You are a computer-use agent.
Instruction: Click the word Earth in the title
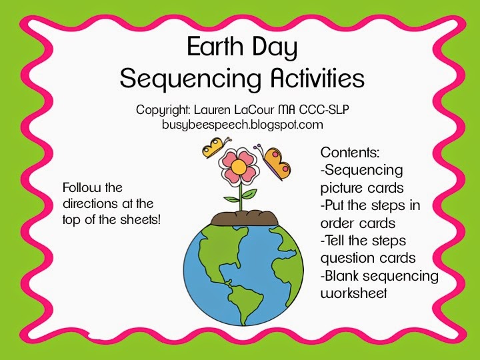pyautogui.click(x=215, y=47)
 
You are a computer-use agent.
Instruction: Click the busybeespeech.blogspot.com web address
pyautogui.click(x=243, y=125)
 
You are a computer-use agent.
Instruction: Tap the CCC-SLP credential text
pyautogui.click(x=324, y=109)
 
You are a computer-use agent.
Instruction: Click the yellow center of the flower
pyautogui.click(x=239, y=167)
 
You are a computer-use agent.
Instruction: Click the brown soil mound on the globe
pyautogui.click(x=245, y=218)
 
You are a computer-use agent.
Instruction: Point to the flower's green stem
pyautogui.click(x=241, y=197)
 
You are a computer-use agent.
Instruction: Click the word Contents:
pyautogui.click(x=350, y=153)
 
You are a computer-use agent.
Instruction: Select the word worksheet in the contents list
pyautogui.click(x=354, y=293)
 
